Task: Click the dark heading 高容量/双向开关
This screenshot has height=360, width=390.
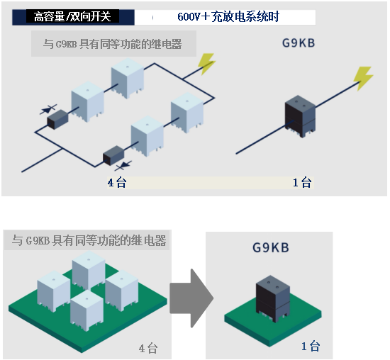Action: point(72,17)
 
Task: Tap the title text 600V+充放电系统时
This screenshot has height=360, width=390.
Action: point(228,17)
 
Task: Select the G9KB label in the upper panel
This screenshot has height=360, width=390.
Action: point(299,43)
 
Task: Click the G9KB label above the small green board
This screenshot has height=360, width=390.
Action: point(271,247)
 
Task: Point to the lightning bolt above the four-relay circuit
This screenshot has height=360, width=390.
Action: point(206,64)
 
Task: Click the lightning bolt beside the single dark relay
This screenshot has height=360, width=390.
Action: point(363,78)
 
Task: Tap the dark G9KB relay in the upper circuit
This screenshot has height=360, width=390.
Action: point(300,116)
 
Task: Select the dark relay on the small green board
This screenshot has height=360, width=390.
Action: point(273,298)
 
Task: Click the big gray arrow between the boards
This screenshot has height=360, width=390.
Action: point(191,298)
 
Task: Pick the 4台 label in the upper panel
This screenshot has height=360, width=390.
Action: point(117,183)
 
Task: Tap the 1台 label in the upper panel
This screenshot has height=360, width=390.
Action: point(302,183)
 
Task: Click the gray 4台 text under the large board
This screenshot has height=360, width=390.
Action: point(148,349)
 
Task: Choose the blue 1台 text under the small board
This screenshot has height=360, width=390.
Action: point(311,347)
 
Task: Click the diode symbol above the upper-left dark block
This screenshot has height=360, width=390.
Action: point(48,109)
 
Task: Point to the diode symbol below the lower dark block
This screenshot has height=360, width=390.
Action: point(123,166)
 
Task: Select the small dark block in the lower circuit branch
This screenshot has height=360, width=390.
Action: point(113,156)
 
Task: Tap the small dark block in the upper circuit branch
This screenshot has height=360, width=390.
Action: point(57,120)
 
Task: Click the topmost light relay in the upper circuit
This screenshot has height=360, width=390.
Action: point(128,78)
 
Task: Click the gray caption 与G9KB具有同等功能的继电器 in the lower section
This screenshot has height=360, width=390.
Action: point(89,241)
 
